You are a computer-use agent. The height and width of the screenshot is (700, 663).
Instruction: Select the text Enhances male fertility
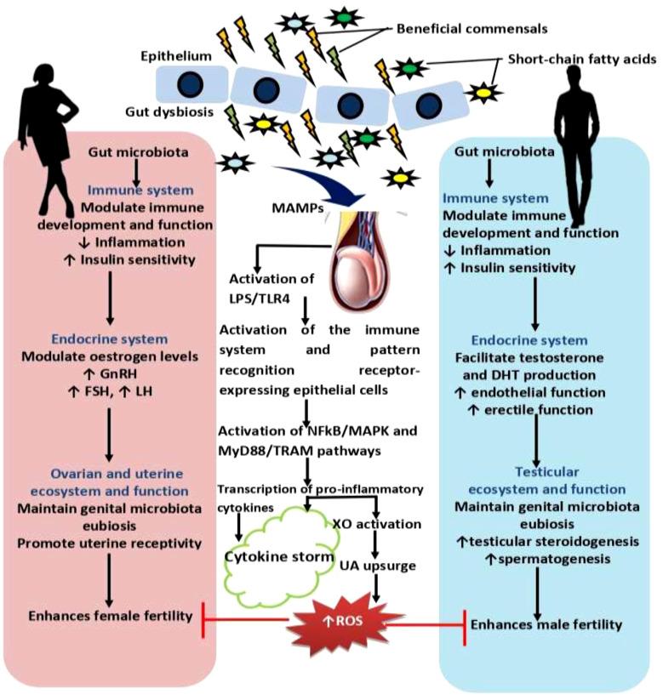[x=546, y=624]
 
